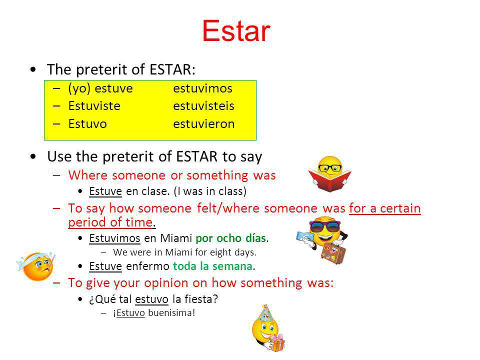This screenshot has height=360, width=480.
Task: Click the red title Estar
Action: point(236,31)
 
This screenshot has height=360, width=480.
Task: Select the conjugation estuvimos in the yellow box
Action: point(202,88)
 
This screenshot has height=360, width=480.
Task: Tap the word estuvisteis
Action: point(203,106)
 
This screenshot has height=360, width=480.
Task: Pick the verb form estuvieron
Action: point(204,124)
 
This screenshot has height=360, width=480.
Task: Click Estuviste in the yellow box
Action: point(94,106)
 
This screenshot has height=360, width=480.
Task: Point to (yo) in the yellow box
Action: point(79,89)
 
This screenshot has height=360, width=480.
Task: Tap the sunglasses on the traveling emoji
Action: point(325,226)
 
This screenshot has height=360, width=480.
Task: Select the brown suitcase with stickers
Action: point(333,253)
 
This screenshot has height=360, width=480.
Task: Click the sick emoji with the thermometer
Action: point(36,265)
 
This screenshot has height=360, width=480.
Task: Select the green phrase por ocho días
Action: point(230,238)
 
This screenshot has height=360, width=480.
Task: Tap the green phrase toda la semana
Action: point(213,266)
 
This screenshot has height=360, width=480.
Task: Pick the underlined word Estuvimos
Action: point(114,238)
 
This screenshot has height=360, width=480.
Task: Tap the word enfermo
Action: point(147,266)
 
